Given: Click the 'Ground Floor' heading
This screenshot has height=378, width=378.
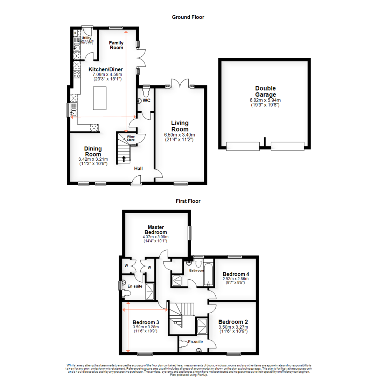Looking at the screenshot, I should pyautogui.click(x=188, y=17).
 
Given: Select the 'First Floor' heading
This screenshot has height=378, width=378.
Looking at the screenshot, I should pyautogui.click(x=188, y=201).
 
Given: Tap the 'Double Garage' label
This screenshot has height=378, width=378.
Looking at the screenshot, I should pyautogui.click(x=265, y=91).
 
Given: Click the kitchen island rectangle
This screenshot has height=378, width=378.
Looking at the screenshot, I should pyautogui.click(x=100, y=98).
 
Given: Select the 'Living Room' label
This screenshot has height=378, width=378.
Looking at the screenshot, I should pyautogui.click(x=180, y=126).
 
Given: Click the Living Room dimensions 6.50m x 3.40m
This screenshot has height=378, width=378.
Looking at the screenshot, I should pyautogui.click(x=180, y=135).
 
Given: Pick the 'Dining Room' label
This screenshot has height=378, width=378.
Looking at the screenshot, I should pyautogui.click(x=93, y=151).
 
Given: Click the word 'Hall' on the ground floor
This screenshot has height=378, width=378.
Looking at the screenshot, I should pyautogui.click(x=139, y=169).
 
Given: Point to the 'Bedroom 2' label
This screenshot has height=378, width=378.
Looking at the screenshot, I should pyautogui.click(x=233, y=322).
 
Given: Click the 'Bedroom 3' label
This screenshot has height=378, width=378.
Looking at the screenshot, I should pyautogui.click(x=146, y=322).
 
